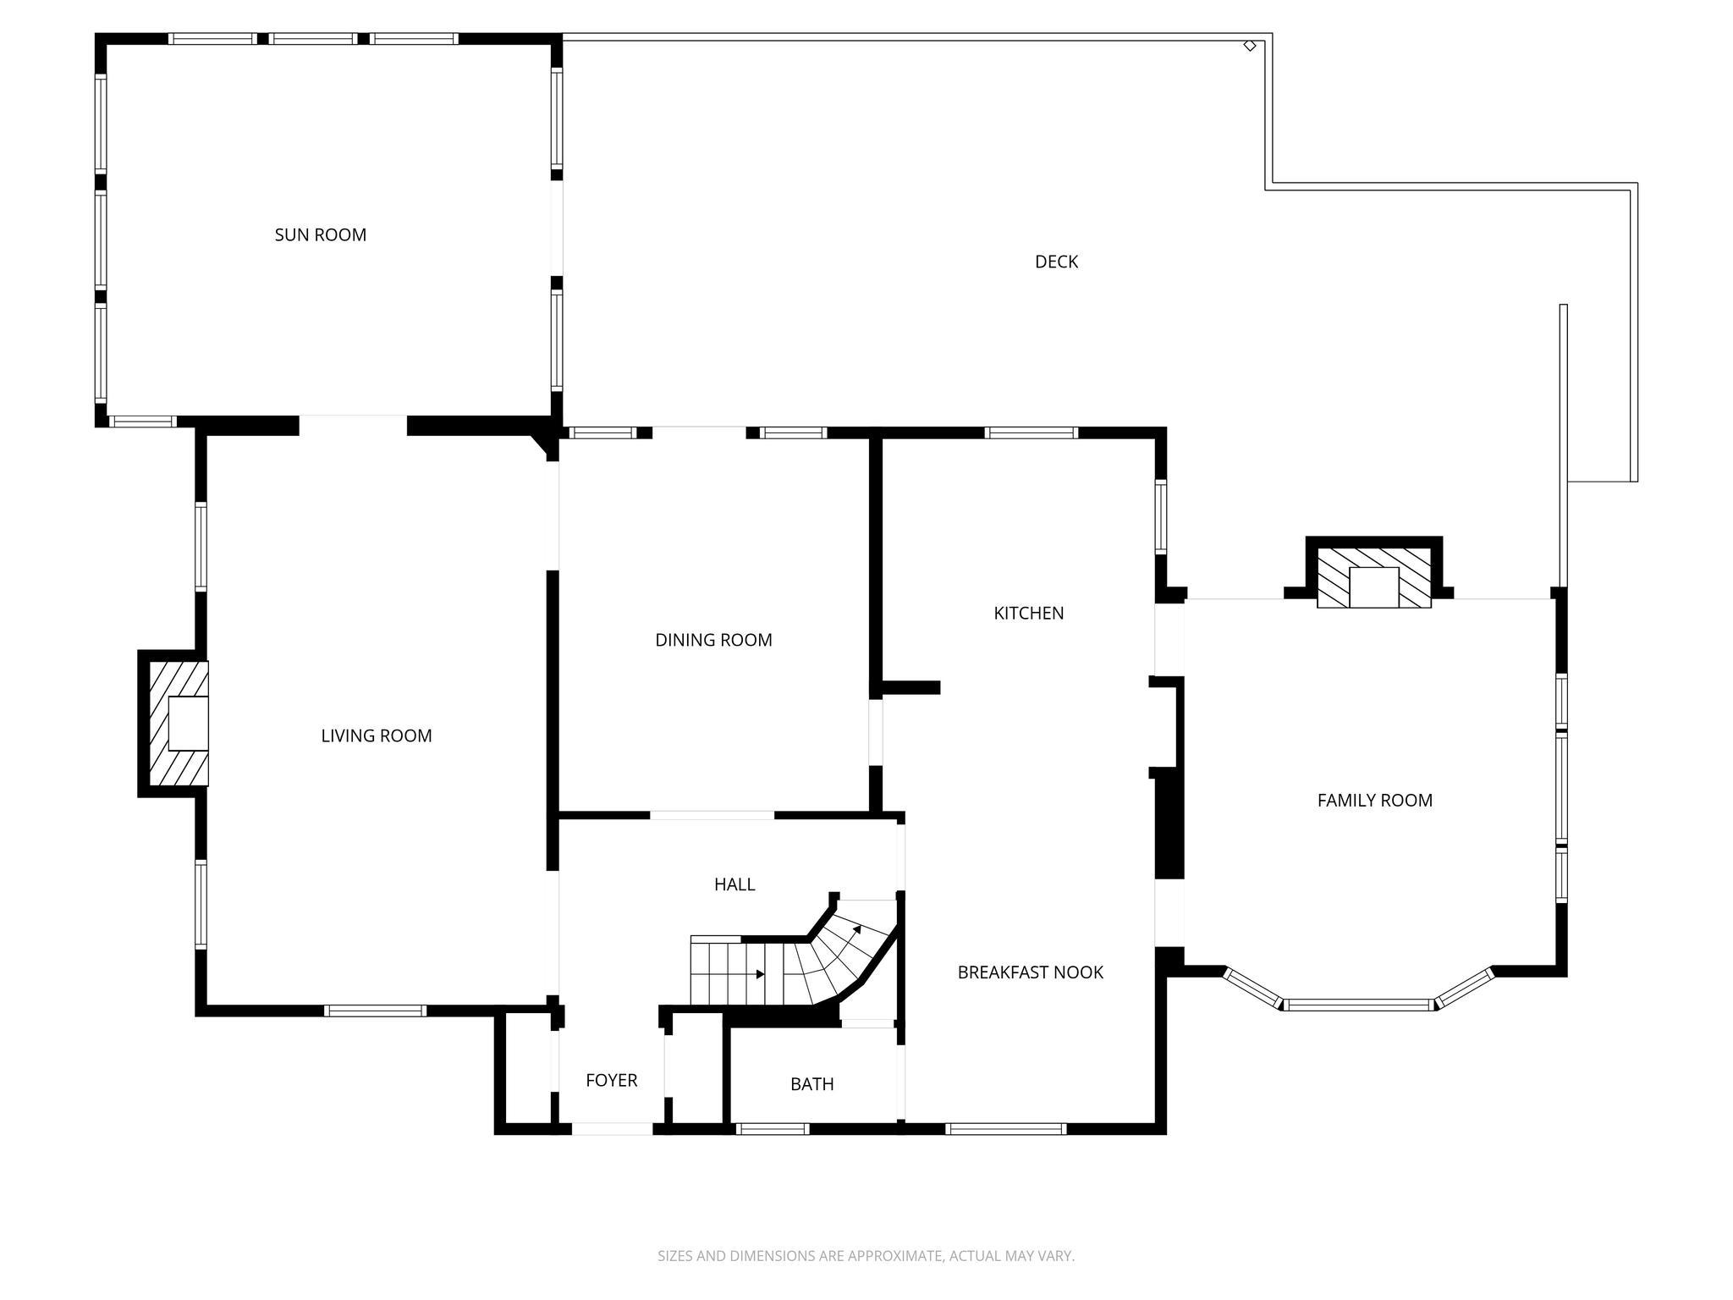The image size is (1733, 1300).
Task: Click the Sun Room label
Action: click(x=320, y=235)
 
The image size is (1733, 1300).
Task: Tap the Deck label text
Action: click(x=1056, y=262)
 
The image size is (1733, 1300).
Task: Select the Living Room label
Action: click(x=376, y=736)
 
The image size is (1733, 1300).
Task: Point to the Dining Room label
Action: click(x=713, y=641)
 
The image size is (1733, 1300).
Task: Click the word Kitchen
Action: click(x=1028, y=614)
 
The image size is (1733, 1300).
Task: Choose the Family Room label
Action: click(x=1374, y=801)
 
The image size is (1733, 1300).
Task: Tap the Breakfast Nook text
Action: click(x=1030, y=973)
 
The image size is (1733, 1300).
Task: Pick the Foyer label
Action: click(x=611, y=1081)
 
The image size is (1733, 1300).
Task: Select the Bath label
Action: click(x=811, y=1085)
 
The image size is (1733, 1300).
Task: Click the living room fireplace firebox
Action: click(x=188, y=724)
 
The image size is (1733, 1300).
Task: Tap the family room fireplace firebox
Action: click(x=1373, y=587)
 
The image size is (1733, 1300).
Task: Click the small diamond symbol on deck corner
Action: click(x=1249, y=46)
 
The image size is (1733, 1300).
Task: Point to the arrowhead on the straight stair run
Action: click(x=760, y=974)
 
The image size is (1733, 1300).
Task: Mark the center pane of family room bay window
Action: click(x=1359, y=1005)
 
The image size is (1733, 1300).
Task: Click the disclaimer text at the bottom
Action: click(x=866, y=1256)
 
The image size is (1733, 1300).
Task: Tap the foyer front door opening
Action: click(x=612, y=1128)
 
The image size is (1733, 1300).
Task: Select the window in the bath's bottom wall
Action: click(x=772, y=1128)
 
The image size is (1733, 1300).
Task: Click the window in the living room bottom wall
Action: click(x=374, y=1011)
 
